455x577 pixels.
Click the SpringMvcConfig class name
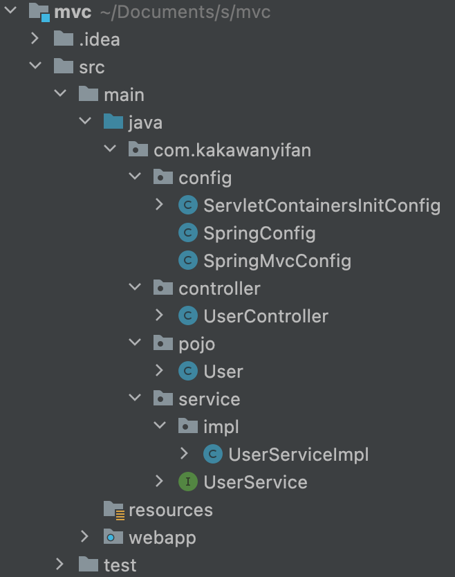point(277,261)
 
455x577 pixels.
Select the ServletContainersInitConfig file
point(322,205)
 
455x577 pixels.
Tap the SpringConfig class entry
point(259,233)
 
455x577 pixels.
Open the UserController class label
point(266,316)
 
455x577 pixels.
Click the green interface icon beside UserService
point(187,482)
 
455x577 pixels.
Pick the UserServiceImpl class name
point(298,455)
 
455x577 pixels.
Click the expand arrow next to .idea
point(35,39)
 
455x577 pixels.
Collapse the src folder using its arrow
point(35,67)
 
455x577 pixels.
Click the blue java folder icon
point(113,122)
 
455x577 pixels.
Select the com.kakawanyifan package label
point(232,150)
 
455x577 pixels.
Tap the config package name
point(205,178)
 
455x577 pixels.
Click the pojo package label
point(196,344)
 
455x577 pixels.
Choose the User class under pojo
point(223,372)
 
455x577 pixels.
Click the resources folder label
point(170,510)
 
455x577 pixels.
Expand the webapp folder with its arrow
point(85,538)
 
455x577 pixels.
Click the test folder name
point(120,565)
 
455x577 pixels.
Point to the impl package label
point(221,427)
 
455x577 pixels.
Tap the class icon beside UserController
point(187,316)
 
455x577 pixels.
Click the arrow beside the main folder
point(60,95)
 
